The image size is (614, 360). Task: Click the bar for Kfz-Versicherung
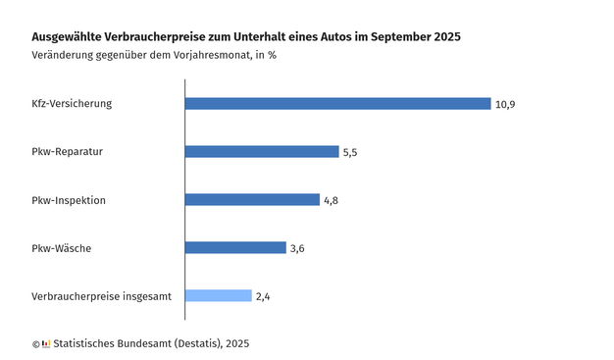point(337,104)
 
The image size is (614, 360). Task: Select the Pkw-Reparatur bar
point(262,152)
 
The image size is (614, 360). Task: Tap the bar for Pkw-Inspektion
point(252,200)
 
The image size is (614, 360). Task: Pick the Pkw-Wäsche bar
point(235,248)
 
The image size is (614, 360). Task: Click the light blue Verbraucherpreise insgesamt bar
point(219,296)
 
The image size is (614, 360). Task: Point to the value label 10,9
point(505,104)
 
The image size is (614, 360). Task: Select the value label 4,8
point(333,200)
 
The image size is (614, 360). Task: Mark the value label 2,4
point(263,296)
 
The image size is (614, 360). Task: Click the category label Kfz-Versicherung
point(73,104)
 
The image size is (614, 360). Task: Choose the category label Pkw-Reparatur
point(67,152)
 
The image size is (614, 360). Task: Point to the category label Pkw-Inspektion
point(69,200)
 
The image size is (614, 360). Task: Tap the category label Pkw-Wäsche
point(61,248)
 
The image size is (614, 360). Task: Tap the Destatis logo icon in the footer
point(46,343)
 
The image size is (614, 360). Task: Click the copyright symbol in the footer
point(35,343)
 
